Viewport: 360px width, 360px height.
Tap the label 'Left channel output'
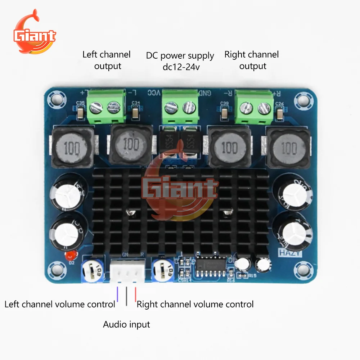[x=107, y=60]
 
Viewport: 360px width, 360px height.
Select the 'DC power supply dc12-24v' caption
[x=180, y=61]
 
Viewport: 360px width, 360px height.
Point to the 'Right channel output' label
[x=252, y=60]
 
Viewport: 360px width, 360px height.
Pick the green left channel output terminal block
[x=108, y=106]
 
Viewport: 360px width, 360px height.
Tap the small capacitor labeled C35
[x=81, y=114]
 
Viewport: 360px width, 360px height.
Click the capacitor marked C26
[x=279, y=114]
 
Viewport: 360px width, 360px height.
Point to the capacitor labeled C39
[x=225, y=113]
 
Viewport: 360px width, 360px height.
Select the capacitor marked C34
[x=135, y=113]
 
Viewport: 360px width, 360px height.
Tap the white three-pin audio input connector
[x=126, y=271]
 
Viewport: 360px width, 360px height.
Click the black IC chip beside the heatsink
[x=211, y=266]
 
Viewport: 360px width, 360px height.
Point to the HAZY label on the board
[x=290, y=253]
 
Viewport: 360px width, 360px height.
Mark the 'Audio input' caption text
[x=126, y=324]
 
